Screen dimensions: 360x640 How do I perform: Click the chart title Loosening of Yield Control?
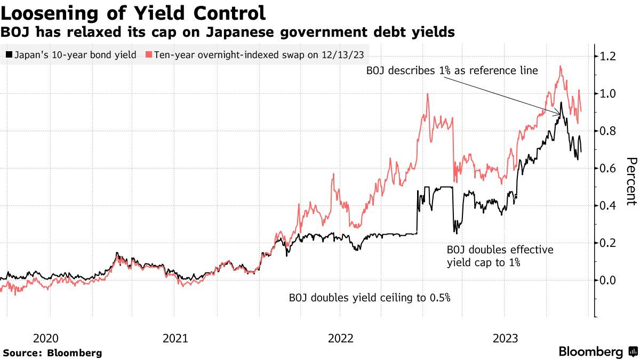tap(133, 12)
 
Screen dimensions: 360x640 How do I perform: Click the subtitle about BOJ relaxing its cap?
tap(227, 33)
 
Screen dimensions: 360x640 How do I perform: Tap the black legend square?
tap(9, 54)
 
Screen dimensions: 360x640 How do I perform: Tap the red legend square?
tap(149, 54)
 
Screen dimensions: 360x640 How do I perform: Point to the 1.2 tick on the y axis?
tap(609, 57)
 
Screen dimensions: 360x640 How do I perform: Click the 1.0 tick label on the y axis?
tap(609, 94)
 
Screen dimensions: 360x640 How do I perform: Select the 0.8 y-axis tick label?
tap(609, 131)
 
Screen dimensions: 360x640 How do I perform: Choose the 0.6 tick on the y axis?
tap(609, 169)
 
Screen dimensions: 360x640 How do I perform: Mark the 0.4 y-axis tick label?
tap(609, 206)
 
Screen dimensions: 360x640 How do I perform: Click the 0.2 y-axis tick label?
tap(609, 243)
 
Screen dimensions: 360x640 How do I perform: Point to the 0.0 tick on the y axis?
tap(609, 281)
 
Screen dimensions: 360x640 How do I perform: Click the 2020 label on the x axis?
tap(46, 338)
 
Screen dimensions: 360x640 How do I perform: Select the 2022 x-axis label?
tap(341, 338)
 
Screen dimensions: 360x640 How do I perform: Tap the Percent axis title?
tap(630, 181)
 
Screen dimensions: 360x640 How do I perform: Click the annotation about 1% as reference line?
tap(452, 71)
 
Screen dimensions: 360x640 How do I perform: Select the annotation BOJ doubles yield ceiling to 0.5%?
tap(370, 298)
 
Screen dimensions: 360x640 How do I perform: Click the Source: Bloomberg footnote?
tap(52, 353)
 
